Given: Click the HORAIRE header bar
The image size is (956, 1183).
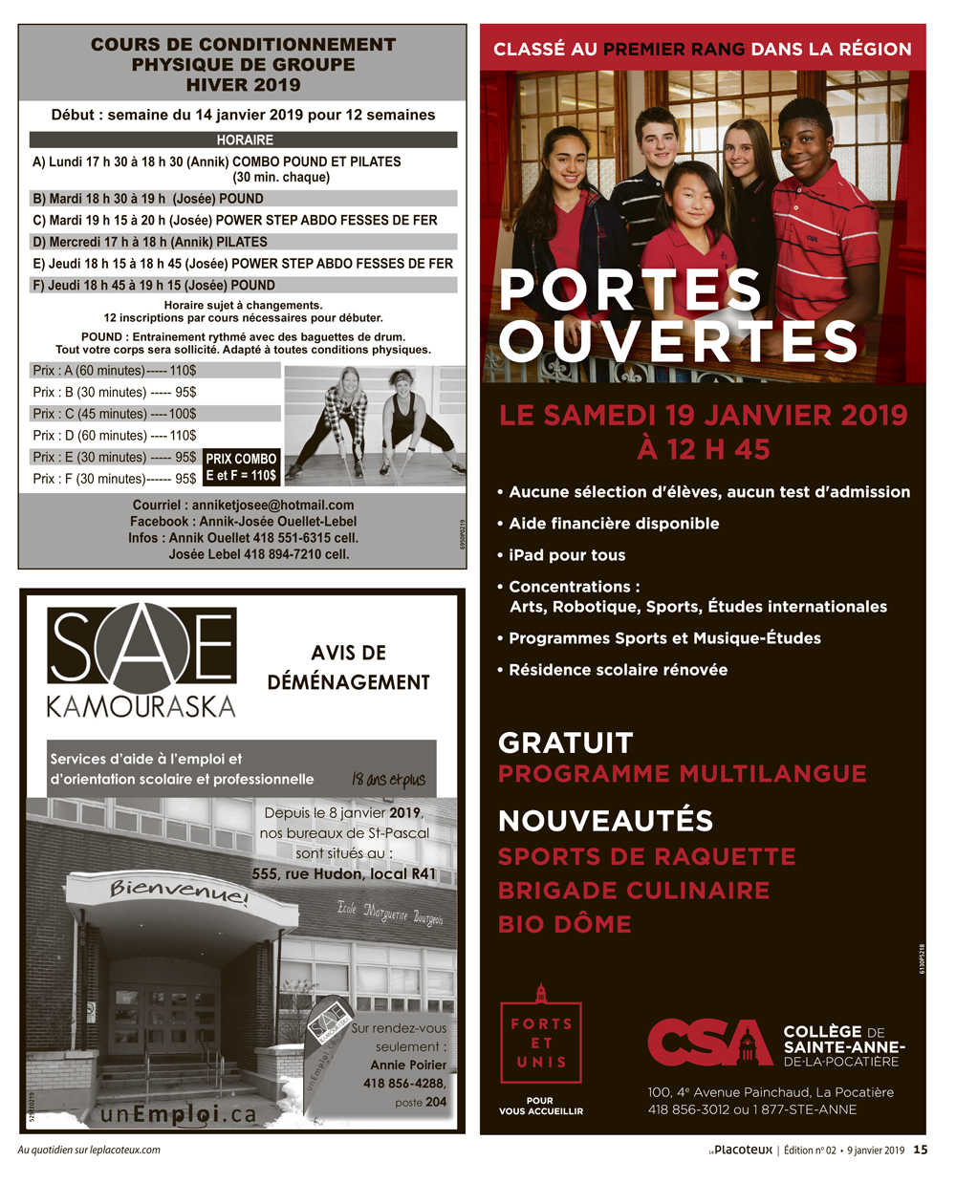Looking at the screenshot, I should pos(244,140).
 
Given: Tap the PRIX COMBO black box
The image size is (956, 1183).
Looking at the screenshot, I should pos(241,467).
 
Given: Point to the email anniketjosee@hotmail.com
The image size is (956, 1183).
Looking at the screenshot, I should pos(272,505).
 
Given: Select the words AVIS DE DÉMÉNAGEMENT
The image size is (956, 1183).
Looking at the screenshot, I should pos(348,667).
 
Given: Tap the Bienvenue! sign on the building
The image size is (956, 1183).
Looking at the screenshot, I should pos(179,891).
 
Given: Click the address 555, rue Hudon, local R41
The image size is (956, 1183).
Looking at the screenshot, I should pos(343,873).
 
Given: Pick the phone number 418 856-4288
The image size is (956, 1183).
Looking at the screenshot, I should pos(404,1083).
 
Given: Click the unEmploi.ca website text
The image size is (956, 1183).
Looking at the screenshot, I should pos(179,1113).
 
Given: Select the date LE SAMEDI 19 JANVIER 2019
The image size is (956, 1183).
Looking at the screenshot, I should pos(703,415).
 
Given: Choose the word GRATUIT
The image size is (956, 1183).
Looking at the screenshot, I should pos(566,742).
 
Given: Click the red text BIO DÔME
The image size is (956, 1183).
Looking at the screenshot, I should pos(565,924).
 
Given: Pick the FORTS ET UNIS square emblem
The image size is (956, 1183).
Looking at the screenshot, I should pos(541,1043).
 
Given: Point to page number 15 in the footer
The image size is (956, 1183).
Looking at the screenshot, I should pos(920,1151).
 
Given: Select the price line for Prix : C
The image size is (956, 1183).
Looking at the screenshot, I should pos(115,414).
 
